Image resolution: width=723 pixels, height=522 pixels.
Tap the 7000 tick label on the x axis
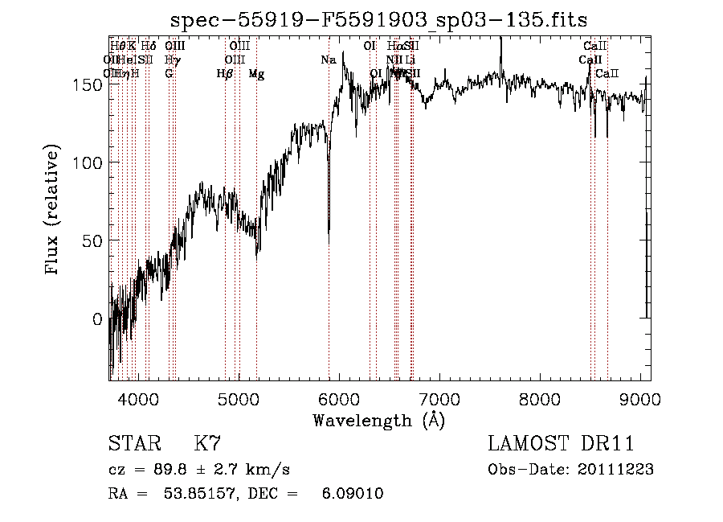click(439, 398)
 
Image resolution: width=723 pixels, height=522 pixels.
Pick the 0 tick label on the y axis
click(98, 319)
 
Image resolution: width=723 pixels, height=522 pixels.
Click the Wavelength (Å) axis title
click(378, 420)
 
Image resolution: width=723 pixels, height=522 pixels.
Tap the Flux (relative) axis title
click(53, 212)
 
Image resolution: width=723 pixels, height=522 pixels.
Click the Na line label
click(329, 60)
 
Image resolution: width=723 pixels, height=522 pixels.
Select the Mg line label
click(256, 74)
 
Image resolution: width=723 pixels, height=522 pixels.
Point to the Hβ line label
click(225, 74)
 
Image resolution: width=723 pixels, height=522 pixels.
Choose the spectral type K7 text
click(207, 444)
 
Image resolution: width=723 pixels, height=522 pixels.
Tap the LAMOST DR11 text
click(561, 444)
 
